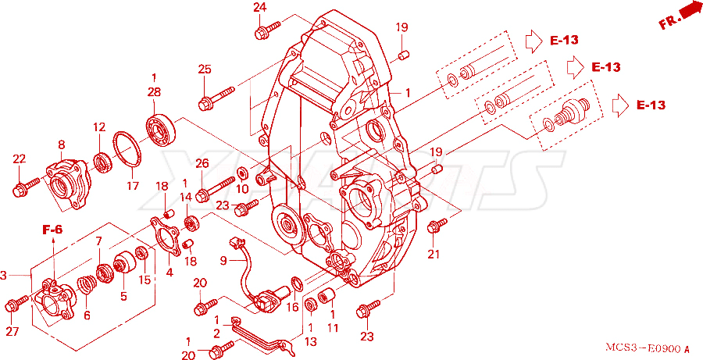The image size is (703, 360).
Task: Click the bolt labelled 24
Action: [x=267, y=29]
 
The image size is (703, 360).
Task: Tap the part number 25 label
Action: [x=205, y=70]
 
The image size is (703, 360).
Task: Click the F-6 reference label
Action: [x=52, y=230]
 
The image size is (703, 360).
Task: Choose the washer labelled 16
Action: [x=296, y=283]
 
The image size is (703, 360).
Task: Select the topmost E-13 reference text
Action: [x=565, y=41]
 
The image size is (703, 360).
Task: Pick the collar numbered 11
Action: [x=326, y=296]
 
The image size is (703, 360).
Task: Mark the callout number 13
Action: [x=310, y=341]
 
